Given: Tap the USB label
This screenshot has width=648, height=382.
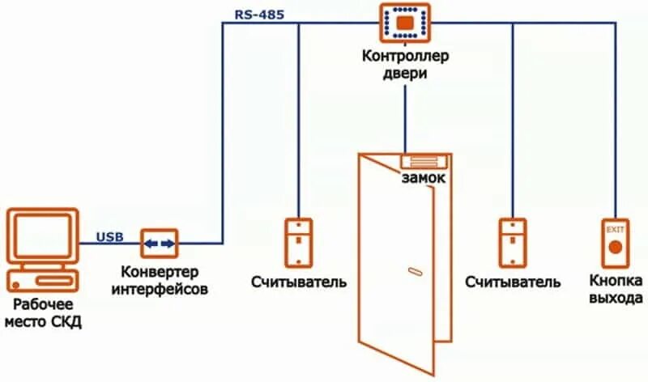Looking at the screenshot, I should (x=109, y=236).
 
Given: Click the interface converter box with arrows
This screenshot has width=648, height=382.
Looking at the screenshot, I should (x=160, y=243).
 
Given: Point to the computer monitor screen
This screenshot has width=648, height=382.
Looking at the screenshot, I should (x=42, y=236).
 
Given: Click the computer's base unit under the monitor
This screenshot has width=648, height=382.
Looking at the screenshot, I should (x=42, y=281).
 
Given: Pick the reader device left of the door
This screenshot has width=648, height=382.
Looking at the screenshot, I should (x=298, y=242).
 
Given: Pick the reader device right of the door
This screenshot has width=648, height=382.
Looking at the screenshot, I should (x=512, y=242).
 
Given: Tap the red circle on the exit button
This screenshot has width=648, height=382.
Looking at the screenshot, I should (x=616, y=246).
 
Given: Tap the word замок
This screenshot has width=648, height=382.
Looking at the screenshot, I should (x=423, y=178).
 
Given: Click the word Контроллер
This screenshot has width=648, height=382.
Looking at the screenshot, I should (x=406, y=57).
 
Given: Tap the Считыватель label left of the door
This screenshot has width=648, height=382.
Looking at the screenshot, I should (x=298, y=282).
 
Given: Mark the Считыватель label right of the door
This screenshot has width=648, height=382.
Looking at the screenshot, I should (x=513, y=282).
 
